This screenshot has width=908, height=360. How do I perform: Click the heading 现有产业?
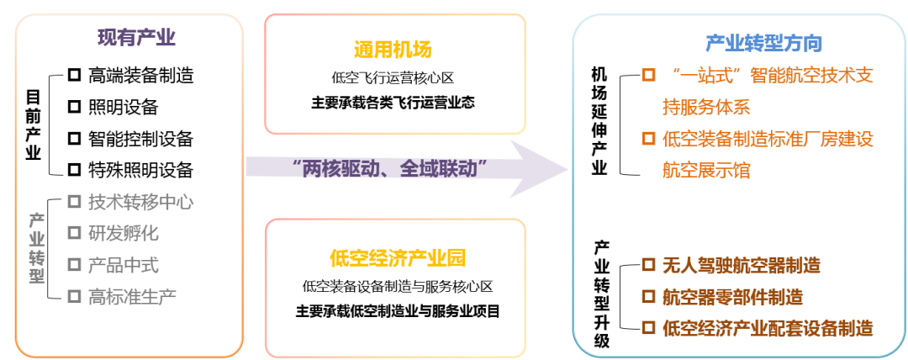[136, 37]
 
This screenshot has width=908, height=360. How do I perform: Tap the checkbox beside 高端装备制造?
[74, 76]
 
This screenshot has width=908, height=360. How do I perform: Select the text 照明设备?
[123, 107]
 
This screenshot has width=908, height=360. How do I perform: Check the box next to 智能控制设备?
[74, 138]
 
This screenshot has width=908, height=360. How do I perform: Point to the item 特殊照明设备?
[140, 170]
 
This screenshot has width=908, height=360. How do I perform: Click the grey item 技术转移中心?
[140, 202]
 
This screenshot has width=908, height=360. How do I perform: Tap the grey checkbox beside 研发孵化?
[74, 233]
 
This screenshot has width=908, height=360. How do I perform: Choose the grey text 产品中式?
[123, 265]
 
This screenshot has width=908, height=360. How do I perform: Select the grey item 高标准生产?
[132, 296]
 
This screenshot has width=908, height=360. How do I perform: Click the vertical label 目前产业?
[33, 124]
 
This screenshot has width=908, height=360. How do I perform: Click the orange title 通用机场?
[393, 49]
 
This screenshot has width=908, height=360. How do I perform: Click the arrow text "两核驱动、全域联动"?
[391, 167]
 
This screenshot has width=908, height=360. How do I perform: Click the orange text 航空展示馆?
[706, 170]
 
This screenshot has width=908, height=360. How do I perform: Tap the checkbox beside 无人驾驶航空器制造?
[648, 265]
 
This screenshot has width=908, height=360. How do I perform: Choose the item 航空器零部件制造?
[732, 296]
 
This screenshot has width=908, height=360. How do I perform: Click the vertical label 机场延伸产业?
[599, 123]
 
